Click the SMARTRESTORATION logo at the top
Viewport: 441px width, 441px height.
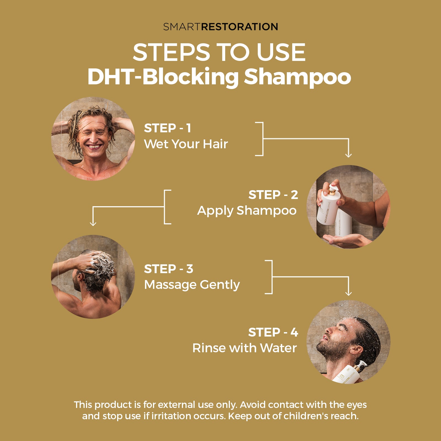(x=220, y=27)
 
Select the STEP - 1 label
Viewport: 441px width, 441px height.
(x=167, y=128)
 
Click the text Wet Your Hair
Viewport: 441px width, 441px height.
(x=186, y=144)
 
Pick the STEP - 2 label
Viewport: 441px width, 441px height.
(x=273, y=195)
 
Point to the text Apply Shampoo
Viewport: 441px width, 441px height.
(x=247, y=211)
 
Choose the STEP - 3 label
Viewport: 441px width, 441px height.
(x=168, y=269)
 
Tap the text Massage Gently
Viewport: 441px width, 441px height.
(x=192, y=285)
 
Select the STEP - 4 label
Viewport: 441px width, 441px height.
(x=273, y=332)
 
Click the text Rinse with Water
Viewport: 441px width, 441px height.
(x=244, y=348)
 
